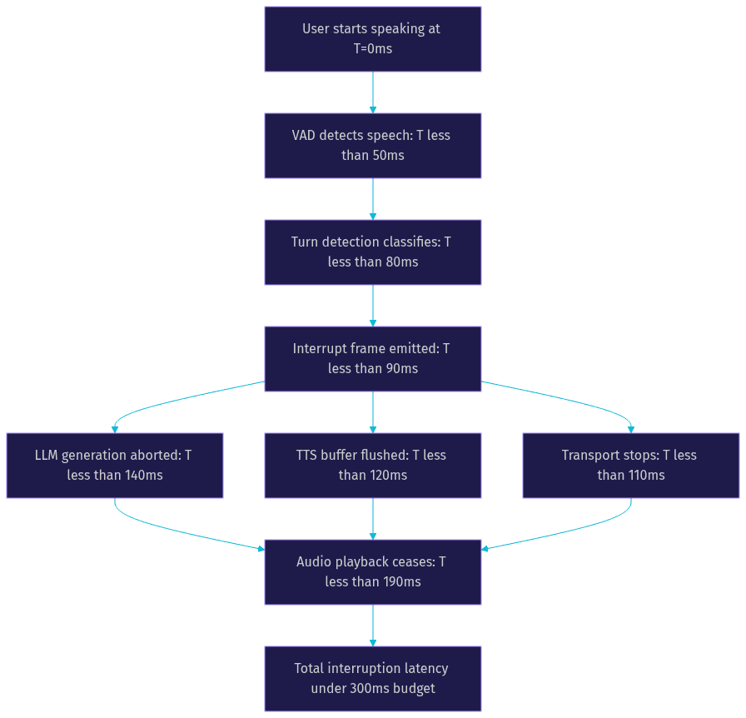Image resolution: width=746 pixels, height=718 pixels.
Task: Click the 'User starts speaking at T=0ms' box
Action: click(x=372, y=39)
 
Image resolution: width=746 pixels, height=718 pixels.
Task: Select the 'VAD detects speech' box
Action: click(x=372, y=146)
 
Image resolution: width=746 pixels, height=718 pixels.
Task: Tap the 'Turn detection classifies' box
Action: click(x=372, y=252)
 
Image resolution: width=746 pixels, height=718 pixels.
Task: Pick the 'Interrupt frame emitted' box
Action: click(x=372, y=359)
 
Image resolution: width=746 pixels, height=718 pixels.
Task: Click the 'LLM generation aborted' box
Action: click(x=115, y=466)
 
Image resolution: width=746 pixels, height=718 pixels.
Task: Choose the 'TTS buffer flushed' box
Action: click(x=372, y=466)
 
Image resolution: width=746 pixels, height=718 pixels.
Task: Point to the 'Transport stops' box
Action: click(x=631, y=466)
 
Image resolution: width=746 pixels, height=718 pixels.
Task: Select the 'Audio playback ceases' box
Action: click(x=372, y=572)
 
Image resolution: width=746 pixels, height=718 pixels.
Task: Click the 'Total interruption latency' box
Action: click(x=372, y=679)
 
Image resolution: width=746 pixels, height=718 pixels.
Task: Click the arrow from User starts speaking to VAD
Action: click(x=372, y=92)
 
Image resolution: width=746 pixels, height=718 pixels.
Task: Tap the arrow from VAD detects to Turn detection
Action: click(x=372, y=199)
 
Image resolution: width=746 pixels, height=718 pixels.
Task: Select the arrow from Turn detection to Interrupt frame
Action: click(x=372, y=306)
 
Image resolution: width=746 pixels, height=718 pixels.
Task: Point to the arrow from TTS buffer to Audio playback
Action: click(x=372, y=519)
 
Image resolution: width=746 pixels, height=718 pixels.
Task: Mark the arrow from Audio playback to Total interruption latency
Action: click(x=372, y=626)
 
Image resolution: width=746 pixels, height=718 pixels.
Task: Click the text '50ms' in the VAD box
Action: click(x=388, y=155)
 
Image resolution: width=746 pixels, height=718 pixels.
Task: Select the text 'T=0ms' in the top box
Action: click(x=372, y=48)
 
